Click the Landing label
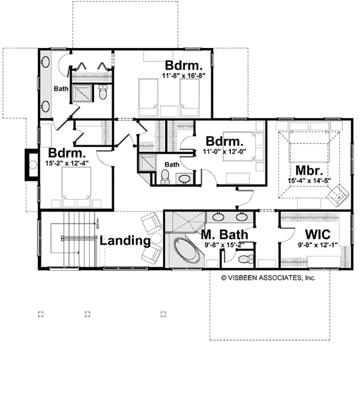click(x=124, y=241)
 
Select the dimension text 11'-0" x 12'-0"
click(x=224, y=151)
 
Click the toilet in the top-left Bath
click(x=103, y=94)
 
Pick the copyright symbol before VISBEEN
click(x=223, y=278)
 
